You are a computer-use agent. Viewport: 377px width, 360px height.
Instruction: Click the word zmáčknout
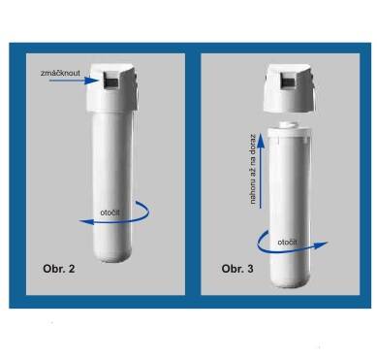[x=60, y=73]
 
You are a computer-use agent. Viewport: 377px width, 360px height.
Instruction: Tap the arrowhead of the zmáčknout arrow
[x=91, y=81]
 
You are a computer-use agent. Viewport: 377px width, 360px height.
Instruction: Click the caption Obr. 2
[x=59, y=269]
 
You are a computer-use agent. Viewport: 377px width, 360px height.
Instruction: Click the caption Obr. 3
[x=237, y=269]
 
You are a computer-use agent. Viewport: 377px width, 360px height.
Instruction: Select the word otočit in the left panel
[x=110, y=213]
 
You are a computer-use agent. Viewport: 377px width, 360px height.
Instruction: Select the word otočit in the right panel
[x=288, y=242]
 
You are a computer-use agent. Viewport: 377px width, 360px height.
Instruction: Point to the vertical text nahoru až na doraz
[x=253, y=170]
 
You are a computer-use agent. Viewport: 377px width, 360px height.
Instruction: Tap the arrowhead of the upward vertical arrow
[x=261, y=141]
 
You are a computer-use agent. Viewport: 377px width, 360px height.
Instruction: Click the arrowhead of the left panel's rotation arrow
[x=86, y=221]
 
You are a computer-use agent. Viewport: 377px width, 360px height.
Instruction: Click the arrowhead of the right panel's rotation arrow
[x=321, y=245]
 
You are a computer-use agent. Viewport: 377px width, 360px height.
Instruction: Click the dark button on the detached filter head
[x=288, y=81]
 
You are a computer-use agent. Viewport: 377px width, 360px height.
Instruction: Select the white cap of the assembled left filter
[x=113, y=86]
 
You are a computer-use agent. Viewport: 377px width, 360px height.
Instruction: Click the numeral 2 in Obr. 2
[x=72, y=269]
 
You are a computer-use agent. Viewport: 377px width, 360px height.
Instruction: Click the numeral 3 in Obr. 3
[x=250, y=269]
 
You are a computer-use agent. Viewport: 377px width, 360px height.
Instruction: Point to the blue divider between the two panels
[x=193, y=175]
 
